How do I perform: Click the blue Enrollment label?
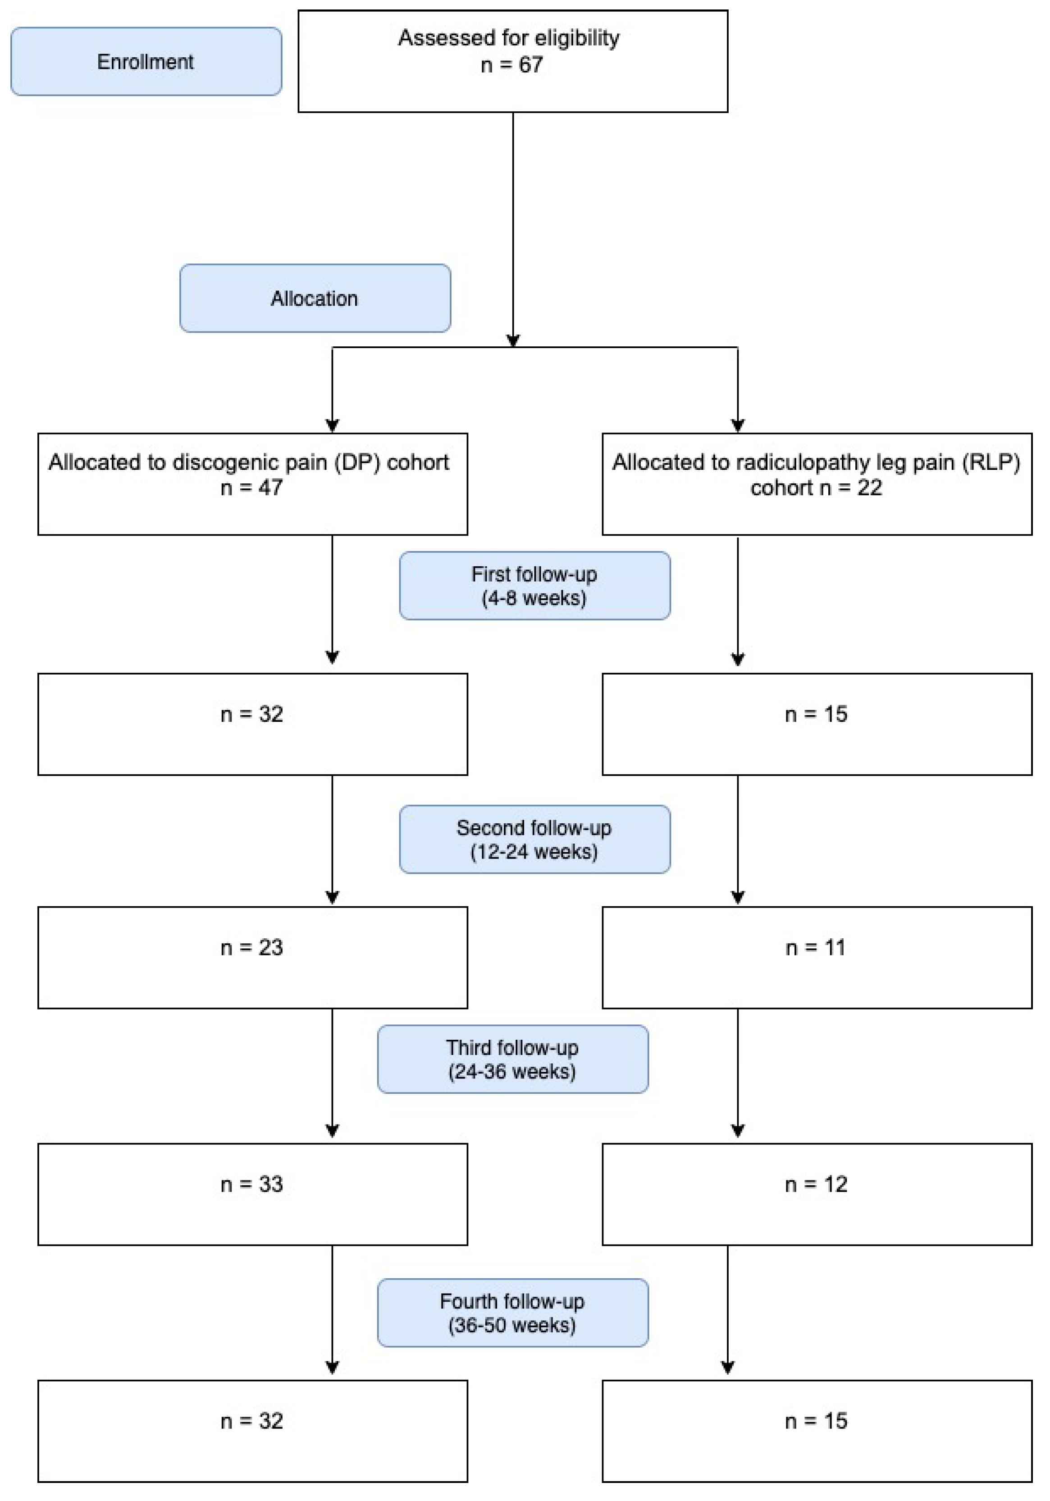146,61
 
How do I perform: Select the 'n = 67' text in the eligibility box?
511,65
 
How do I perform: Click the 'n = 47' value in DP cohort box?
251,487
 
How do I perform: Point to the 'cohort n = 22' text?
815,487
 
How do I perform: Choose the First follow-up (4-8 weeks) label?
534,586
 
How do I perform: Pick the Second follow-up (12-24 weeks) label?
534,840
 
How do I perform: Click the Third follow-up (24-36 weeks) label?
512,1059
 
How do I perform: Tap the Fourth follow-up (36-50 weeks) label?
512,1313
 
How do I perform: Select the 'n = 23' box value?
251,947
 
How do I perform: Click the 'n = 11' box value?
815,947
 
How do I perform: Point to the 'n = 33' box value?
251,1184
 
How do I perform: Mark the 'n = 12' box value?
815,1184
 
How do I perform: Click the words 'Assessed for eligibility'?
509,38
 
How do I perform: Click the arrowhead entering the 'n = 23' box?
332,898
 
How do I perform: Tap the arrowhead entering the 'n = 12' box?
738,1130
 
